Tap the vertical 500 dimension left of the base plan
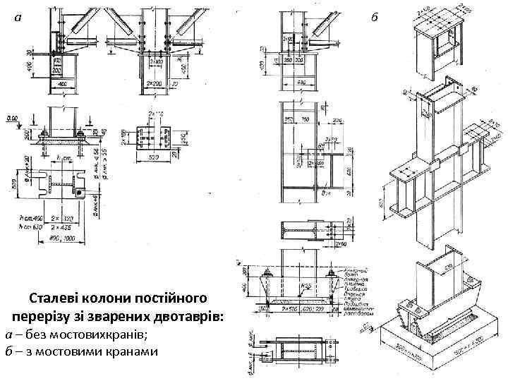[13, 185]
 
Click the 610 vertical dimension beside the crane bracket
[348, 171]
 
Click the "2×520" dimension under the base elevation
[284, 309]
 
